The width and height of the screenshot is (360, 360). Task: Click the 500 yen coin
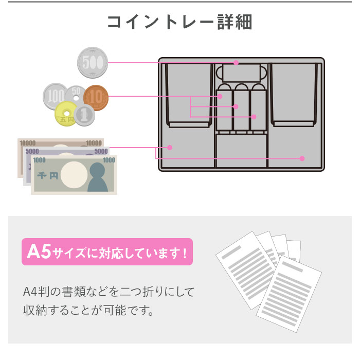(x=93, y=62)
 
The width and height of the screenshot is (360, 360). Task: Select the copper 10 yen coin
(x=96, y=98)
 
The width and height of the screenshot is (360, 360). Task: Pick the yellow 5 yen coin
(x=66, y=114)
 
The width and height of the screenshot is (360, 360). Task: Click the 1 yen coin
(x=84, y=115)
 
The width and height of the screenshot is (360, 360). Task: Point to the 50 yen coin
(x=76, y=94)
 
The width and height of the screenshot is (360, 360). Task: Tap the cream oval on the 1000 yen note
(x=74, y=175)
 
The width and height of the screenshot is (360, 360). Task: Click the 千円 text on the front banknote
(x=47, y=176)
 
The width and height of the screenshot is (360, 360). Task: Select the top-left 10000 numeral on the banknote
(x=28, y=143)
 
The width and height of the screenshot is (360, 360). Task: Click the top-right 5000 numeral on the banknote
(x=101, y=151)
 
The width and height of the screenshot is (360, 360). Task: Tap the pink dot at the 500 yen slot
(x=236, y=62)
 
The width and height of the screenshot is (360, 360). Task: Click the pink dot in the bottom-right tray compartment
(x=302, y=158)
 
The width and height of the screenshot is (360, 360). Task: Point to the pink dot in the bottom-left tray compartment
(x=170, y=148)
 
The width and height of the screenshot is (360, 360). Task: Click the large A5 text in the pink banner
(x=39, y=252)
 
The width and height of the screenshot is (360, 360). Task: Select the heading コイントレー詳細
(x=180, y=22)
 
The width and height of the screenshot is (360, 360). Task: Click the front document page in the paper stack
(x=289, y=294)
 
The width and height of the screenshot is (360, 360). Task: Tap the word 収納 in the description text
(x=34, y=310)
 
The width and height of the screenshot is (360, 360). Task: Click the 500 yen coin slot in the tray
(x=241, y=73)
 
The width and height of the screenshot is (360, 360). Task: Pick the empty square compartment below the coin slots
(x=241, y=151)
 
